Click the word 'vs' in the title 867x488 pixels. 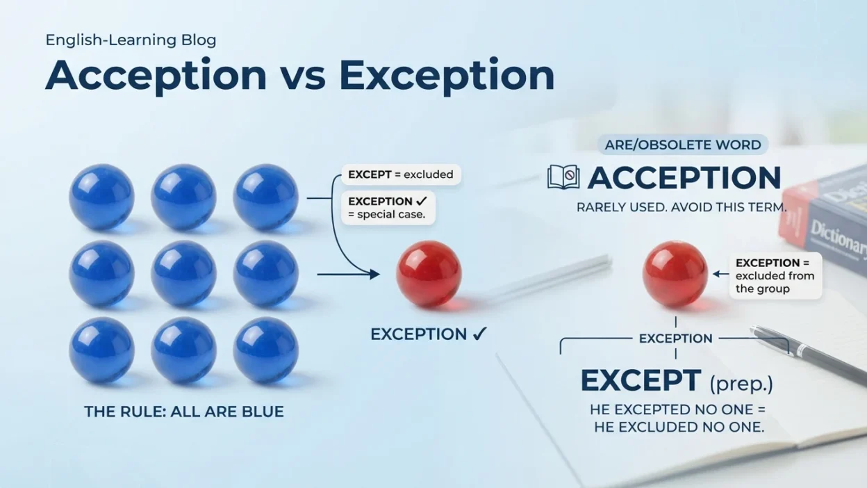tap(303, 76)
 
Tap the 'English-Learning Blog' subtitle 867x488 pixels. tap(131, 40)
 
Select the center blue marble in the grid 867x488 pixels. tap(183, 274)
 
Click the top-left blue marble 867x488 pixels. tap(102, 197)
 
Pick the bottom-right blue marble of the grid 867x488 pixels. tap(265, 350)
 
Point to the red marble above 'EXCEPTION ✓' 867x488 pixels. tap(429, 274)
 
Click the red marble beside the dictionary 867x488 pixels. tap(675, 274)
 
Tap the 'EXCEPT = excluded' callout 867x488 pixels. tap(401, 174)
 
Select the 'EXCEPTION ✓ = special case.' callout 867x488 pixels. tap(388, 208)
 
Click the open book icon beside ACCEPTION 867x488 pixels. tap(563, 177)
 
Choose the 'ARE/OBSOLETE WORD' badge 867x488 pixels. tap(683, 145)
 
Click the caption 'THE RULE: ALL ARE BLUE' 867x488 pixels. tap(184, 412)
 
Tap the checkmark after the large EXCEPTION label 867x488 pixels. tap(479, 334)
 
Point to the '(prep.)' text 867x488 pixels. tap(741, 384)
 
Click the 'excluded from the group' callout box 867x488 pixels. tap(776, 276)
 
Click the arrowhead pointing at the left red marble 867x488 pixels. tap(374, 274)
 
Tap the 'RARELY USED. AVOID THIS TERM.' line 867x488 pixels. tap(682, 207)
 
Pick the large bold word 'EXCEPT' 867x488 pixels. tap(641, 381)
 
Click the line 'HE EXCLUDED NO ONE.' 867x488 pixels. tap(679, 428)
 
